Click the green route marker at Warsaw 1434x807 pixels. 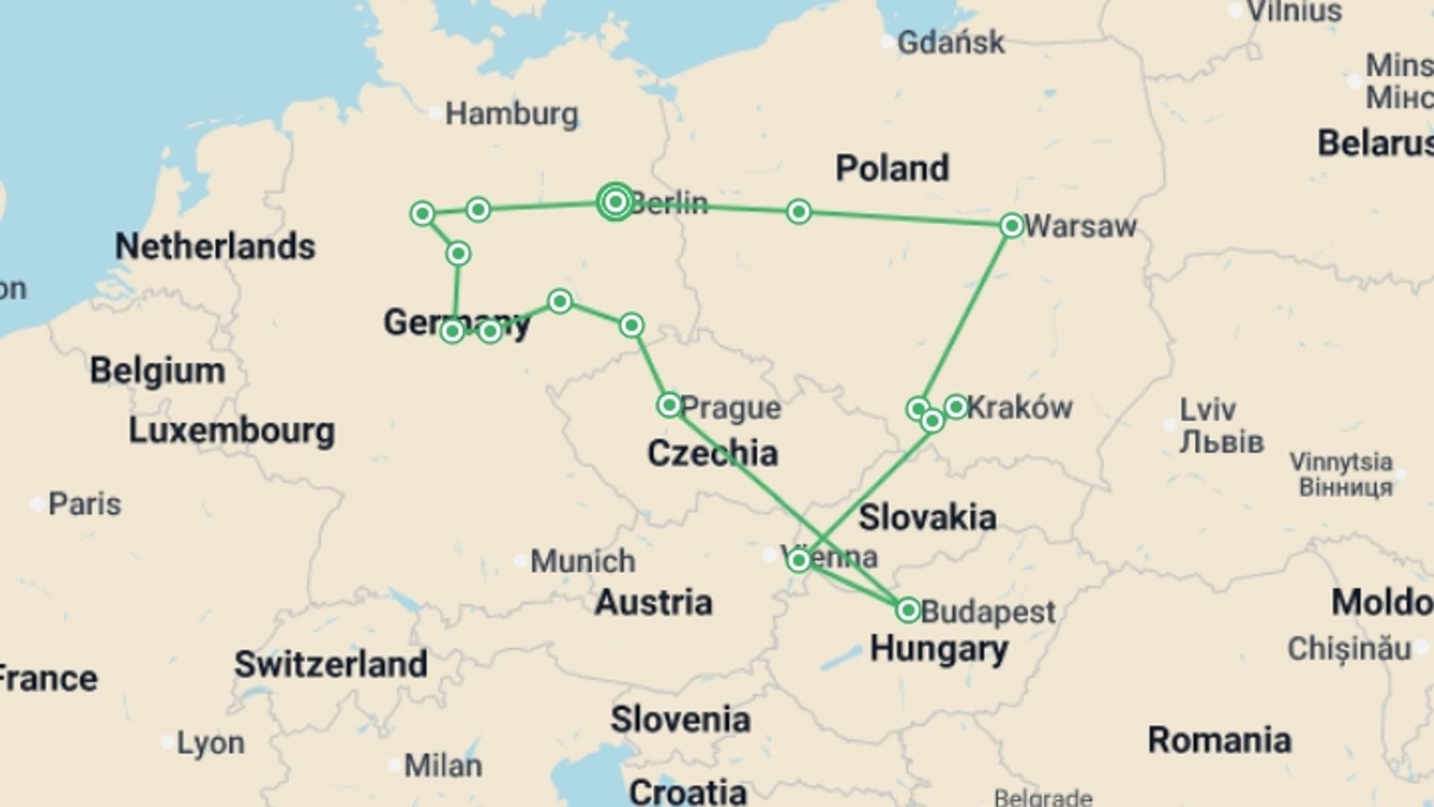click(1011, 225)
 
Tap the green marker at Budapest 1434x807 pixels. click(907, 610)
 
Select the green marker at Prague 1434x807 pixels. click(668, 405)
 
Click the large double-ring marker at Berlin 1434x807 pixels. click(615, 202)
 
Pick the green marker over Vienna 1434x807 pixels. click(798, 560)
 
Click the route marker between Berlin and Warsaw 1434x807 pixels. click(798, 211)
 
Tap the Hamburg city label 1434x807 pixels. click(512, 114)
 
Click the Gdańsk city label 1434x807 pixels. click(950, 43)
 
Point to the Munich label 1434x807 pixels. click(583, 560)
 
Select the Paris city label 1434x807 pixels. click(84, 504)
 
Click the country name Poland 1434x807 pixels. click(892, 168)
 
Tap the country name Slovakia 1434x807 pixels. click(927, 517)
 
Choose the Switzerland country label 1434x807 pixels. click(331, 664)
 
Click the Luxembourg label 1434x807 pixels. click(232, 430)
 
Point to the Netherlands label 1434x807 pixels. click(215, 247)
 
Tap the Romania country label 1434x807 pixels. click(1219, 740)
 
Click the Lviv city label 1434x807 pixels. click(1208, 409)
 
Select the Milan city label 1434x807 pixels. click(443, 765)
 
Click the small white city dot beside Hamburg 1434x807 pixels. click(436, 114)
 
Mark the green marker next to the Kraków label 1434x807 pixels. click(956, 406)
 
